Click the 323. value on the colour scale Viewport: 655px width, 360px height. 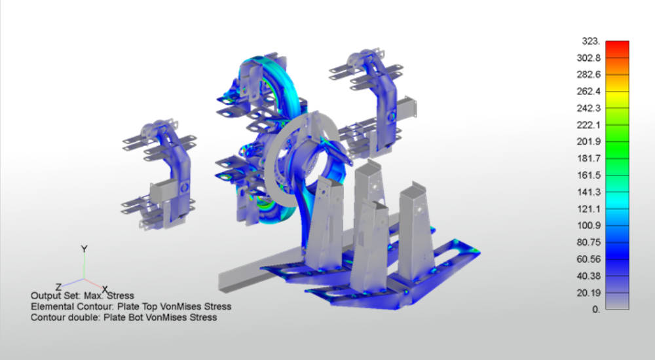tap(591, 41)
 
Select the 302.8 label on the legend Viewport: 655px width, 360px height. tap(588, 58)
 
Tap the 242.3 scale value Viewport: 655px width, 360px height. tap(588, 108)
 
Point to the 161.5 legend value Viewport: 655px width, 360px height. tap(588, 175)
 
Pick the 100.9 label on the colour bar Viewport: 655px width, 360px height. tap(588, 226)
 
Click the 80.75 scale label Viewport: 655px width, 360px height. tap(588, 242)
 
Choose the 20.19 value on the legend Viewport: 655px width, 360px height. tap(588, 293)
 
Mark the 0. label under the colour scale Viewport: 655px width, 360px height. tap(595, 310)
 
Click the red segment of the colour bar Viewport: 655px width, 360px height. tap(617, 49)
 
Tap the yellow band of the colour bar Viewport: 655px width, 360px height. tap(617, 99)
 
